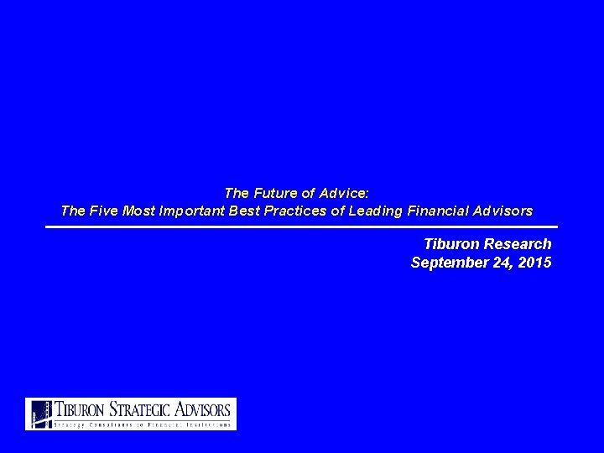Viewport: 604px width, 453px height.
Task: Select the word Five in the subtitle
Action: click(105, 211)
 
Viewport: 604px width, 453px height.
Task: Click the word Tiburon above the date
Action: click(454, 244)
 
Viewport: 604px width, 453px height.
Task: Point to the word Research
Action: click(519, 244)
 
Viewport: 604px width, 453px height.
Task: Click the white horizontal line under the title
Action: click(302, 226)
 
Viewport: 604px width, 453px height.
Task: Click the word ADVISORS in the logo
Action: click(202, 409)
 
